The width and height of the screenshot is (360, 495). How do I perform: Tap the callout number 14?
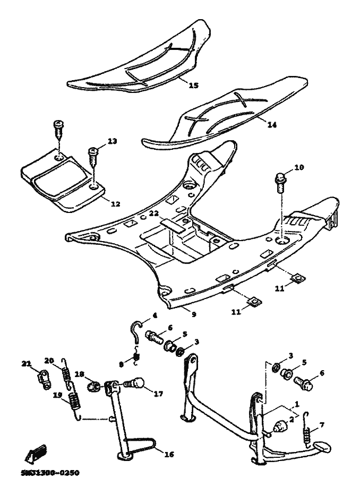click(272, 125)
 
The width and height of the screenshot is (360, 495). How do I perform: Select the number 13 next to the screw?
click(112, 141)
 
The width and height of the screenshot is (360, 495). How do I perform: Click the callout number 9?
click(193, 314)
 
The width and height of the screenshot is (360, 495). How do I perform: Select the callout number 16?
click(169, 454)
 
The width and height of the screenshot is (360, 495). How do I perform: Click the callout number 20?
click(49, 360)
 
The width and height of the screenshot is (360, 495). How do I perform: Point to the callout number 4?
click(155, 315)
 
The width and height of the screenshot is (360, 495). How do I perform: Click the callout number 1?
click(297, 404)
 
